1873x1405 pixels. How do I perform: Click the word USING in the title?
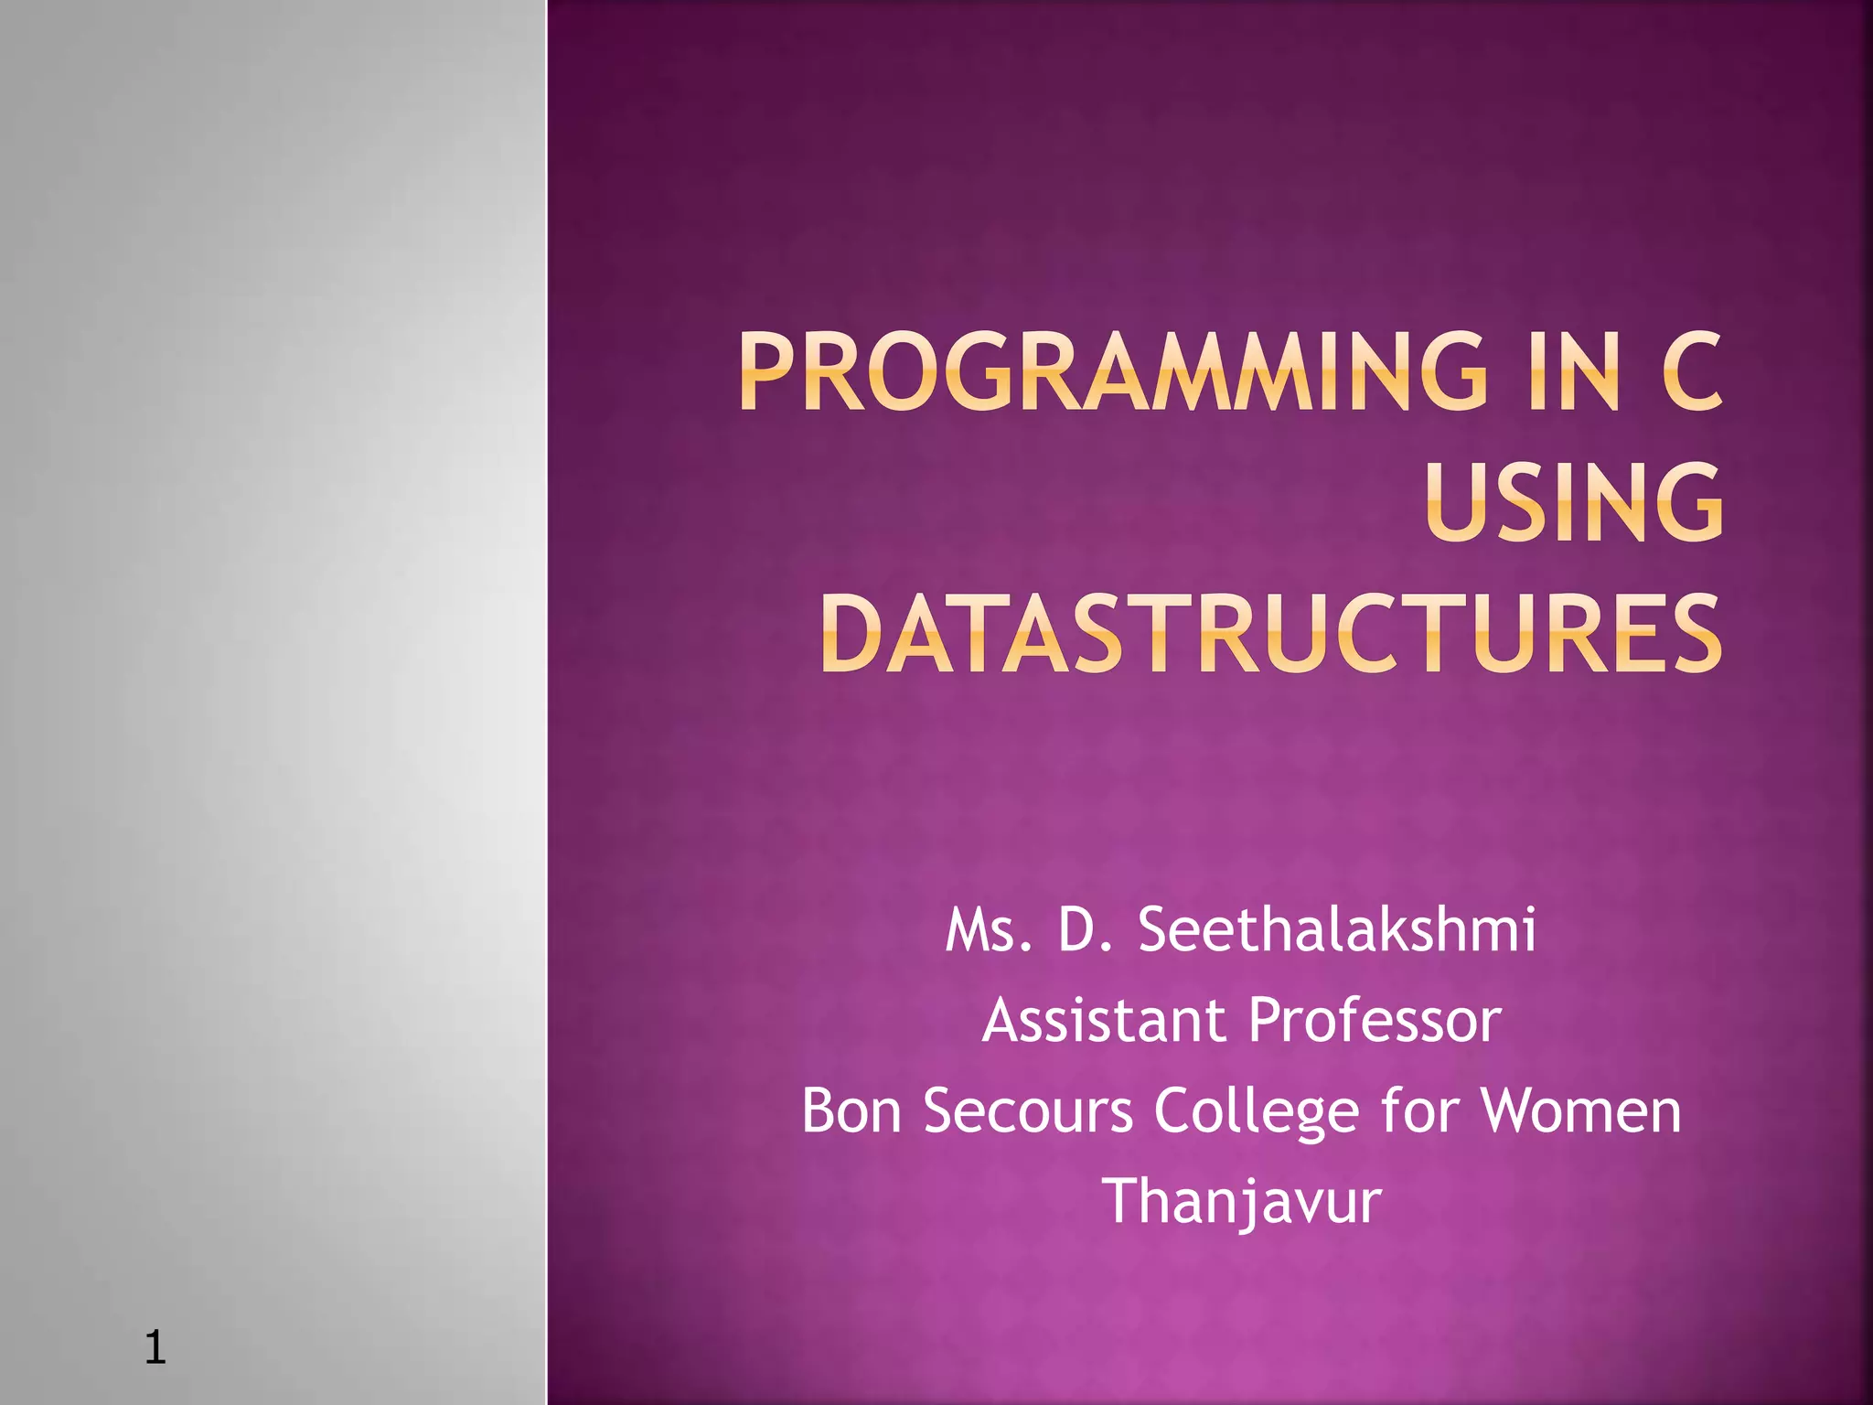point(1574,502)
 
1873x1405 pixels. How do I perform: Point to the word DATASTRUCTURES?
point(1271,633)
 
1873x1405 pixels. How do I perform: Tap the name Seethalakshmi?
point(1336,930)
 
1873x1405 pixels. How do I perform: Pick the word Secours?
point(1028,1110)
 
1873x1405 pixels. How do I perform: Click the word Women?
point(1580,1110)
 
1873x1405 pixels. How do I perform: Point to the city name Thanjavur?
point(1242,1202)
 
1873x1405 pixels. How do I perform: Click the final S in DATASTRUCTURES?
point(1692,633)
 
